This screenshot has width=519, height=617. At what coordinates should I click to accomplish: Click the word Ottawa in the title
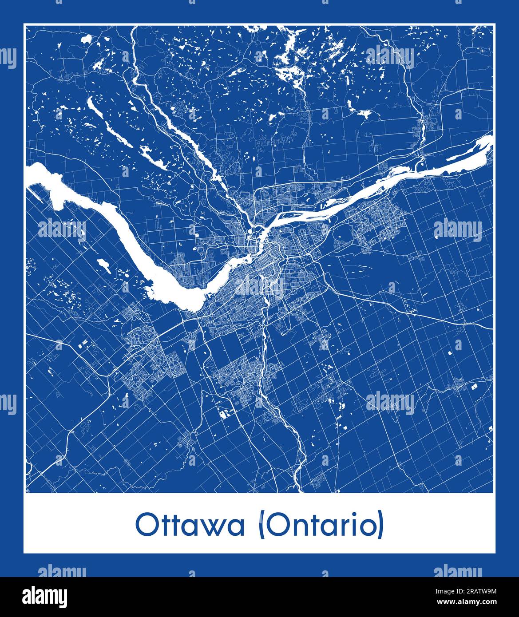click(x=190, y=525)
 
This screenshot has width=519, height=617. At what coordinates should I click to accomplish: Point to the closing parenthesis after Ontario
click(x=381, y=526)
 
